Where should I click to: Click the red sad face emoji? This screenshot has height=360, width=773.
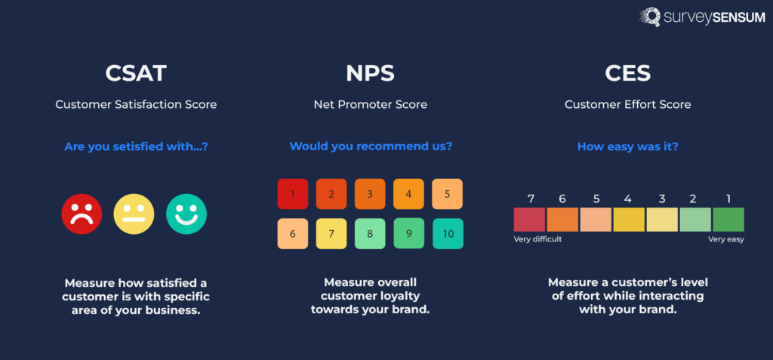coord(82,214)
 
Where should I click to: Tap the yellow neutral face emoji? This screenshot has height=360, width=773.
coord(134,214)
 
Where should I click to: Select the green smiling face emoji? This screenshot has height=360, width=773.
coord(186,214)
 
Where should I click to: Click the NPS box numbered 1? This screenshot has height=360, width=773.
coord(292,194)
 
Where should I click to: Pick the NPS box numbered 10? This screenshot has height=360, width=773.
coord(448,234)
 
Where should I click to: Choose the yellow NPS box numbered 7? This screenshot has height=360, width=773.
coord(331,234)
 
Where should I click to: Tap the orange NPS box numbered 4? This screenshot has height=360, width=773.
coord(408,194)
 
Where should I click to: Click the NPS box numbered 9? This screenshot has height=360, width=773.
coord(408,234)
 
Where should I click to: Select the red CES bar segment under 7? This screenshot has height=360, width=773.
coord(530,220)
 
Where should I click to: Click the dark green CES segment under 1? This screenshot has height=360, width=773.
coord(728,220)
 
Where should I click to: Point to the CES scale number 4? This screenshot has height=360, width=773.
coord(628,199)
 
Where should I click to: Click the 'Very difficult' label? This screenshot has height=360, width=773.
coord(537,239)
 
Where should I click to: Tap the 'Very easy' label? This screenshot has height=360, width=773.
coord(725,239)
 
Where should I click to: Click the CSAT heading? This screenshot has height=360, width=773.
coord(136,73)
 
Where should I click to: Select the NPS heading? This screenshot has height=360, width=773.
coord(370,73)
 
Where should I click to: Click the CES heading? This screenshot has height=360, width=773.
coord(628,73)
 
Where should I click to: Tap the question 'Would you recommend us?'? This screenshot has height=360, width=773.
coord(371,146)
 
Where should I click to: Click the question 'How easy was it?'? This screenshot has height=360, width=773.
coord(627,146)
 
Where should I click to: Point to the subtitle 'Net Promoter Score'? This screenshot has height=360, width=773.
coord(370,104)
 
